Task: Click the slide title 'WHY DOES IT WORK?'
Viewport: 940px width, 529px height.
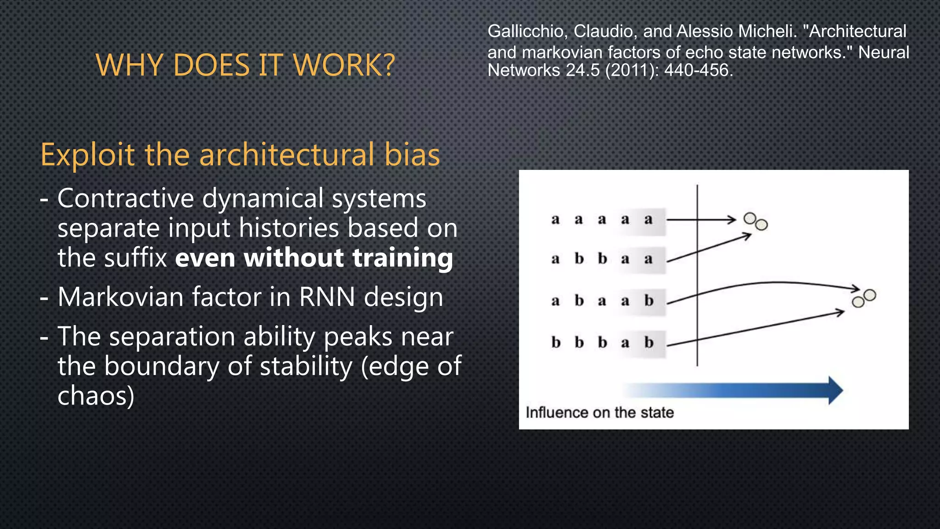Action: [245, 65]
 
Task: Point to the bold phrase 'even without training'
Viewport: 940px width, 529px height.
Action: [314, 258]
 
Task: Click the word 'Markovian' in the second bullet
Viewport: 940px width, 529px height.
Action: [121, 297]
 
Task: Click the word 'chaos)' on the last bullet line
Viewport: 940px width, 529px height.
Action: [96, 395]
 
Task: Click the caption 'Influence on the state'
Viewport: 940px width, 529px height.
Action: [599, 412]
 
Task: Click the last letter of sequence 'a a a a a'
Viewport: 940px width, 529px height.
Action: [648, 219]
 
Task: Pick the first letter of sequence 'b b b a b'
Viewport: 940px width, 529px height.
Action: [556, 343]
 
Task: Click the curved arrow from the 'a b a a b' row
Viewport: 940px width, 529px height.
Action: [771, 283]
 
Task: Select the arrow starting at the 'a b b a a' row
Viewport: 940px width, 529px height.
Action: [709, 248]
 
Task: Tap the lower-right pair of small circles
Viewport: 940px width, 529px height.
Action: [864, 298]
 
